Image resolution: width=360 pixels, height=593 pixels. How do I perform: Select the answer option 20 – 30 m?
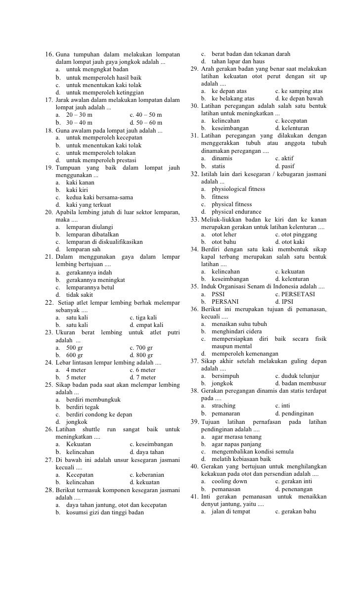79,115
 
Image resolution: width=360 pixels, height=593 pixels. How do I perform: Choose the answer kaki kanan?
80,182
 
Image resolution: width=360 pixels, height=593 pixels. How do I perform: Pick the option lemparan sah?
83,250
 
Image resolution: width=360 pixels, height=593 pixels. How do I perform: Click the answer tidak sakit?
80,295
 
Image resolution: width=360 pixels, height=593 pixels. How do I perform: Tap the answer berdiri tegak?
83,408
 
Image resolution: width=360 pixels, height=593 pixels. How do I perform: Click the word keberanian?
150,475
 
